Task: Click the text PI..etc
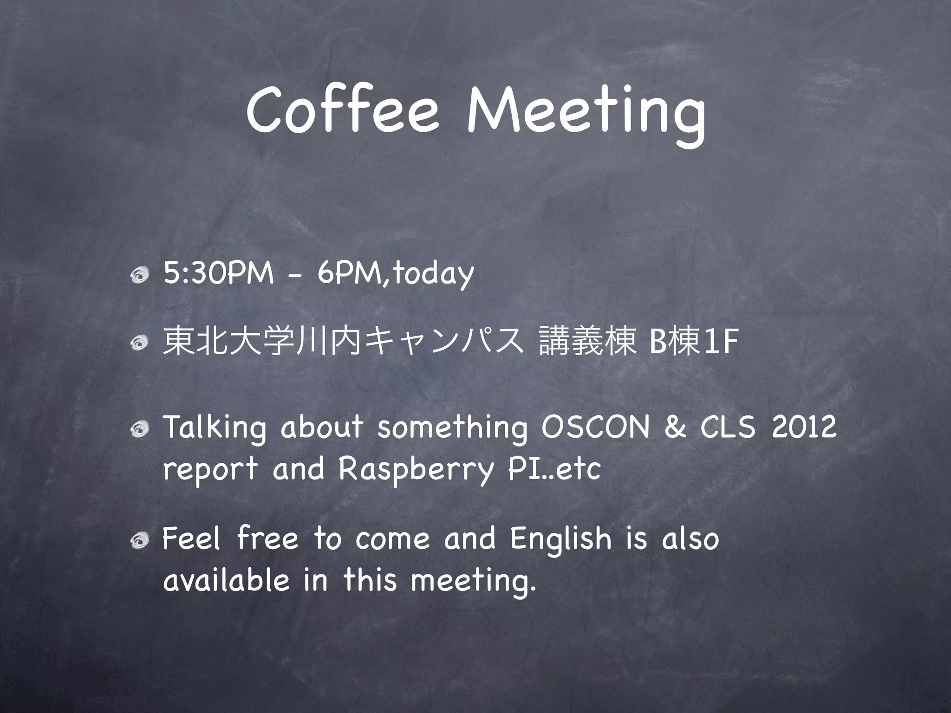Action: pos(554,469)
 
